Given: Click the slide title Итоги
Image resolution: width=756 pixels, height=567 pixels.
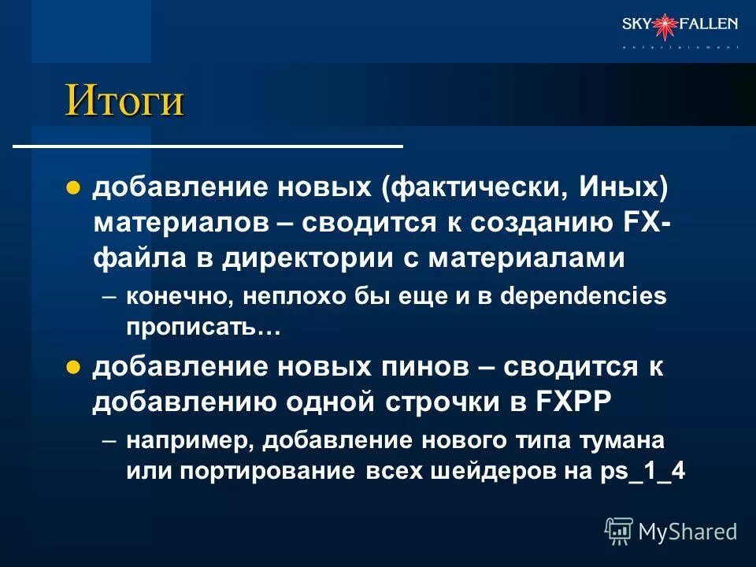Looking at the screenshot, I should click(124, 100).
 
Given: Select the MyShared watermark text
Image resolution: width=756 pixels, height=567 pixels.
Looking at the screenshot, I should click(687, 531).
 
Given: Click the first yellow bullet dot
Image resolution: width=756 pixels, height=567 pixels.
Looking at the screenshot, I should click(73, 188).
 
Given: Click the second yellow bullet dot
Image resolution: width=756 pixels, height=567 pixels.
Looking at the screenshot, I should click(73, 367).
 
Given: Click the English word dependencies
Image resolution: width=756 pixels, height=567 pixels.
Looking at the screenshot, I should click(583, 296).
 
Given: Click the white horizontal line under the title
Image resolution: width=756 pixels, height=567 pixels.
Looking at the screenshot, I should click(209, 146).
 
